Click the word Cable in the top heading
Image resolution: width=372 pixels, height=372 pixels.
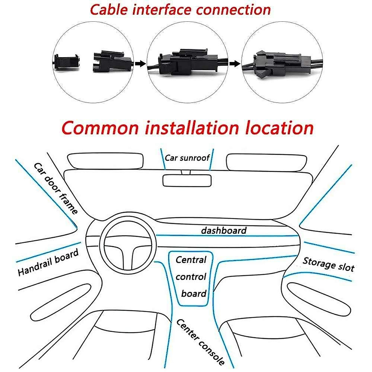(109, 10)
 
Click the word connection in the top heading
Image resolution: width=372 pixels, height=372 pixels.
(233, 10)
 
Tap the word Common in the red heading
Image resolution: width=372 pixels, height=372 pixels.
(100, 128)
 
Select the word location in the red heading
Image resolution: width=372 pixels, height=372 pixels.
(279, 128)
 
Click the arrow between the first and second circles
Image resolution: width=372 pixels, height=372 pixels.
(140, 64)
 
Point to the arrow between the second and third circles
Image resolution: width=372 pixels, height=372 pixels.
(235, 64)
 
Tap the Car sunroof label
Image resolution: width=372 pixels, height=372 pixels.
(187, 158)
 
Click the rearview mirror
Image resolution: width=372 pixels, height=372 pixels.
(187, 180)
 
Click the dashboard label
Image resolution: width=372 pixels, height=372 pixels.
(224, 231)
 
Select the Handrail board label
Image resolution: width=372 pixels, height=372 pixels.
(48, 262)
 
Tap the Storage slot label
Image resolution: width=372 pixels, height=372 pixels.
(328, 264)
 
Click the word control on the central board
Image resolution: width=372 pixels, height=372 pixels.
(191, 277)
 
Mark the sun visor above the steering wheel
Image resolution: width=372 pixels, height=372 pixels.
(105, 162)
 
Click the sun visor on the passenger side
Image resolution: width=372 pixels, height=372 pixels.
(266, 162)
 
